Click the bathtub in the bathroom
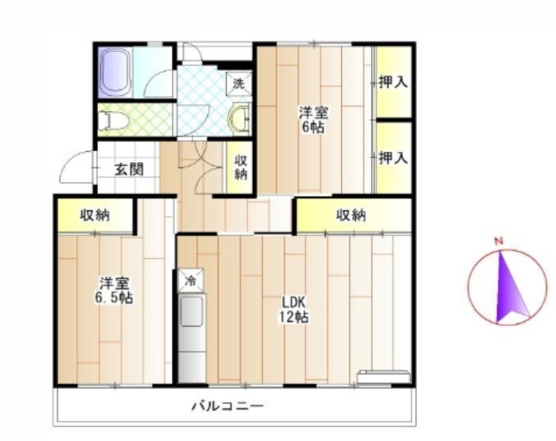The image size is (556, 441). (115, 72)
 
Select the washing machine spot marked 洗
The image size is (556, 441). (239, 84)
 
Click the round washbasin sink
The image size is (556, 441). (239, 118)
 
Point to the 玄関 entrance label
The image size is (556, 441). (129, 170)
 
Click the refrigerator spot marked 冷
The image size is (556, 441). (190, 280)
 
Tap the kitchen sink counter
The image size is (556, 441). (192, 338)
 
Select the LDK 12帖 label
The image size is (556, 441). (294, 309)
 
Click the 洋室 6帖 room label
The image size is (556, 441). (313, 120)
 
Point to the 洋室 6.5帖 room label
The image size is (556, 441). (114, 290)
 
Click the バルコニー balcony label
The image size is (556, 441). (228, 405)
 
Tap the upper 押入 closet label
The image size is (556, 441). (393, 83)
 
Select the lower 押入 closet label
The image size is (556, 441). (393, 158)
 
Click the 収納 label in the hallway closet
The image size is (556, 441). (240, 168)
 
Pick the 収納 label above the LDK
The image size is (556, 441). (351, 215)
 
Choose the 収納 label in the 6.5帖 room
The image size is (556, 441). (94, 215)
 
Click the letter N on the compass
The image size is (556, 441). (499, 242)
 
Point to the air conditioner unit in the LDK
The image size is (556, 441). (384, 377)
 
